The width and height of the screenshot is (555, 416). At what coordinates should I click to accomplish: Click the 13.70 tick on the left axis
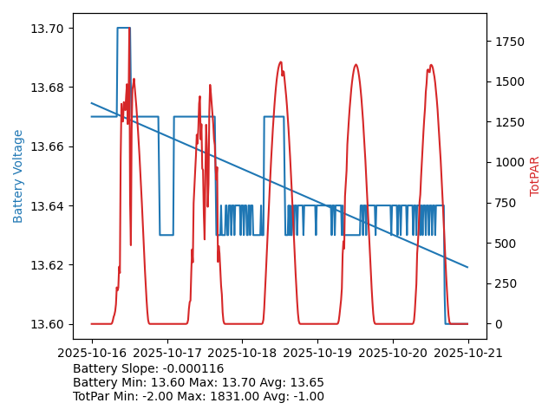pos(48,29)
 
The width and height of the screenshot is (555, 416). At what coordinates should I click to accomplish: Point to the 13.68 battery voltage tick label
pos(48,88)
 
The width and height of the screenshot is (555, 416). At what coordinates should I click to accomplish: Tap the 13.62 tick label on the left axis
pos(48,265)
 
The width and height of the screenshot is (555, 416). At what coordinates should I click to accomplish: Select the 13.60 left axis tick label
pos(48,324)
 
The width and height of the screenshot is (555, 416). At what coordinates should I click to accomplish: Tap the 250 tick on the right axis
pos(506,283)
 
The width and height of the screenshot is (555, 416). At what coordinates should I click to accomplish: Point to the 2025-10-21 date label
pos(468,353)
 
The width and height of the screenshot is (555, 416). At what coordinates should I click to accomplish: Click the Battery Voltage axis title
pos(19,176)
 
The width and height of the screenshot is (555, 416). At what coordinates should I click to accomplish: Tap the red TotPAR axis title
pos(535,176)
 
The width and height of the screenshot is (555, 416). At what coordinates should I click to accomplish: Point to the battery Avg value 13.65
pos(307,382)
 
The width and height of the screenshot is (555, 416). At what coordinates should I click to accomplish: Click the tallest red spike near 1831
pos(129,31)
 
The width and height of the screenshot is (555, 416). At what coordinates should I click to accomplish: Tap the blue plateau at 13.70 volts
pos(123,28)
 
